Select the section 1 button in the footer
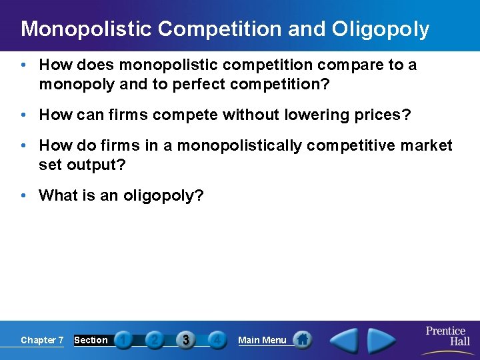123,340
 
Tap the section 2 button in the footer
155,340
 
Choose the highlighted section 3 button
186,340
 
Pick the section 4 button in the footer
217,340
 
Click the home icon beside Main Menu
303,339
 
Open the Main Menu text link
262,340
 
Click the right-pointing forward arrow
381,340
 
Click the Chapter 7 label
42,340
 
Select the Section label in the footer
91,340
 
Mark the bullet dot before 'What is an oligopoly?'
23,195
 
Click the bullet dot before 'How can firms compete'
23,115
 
